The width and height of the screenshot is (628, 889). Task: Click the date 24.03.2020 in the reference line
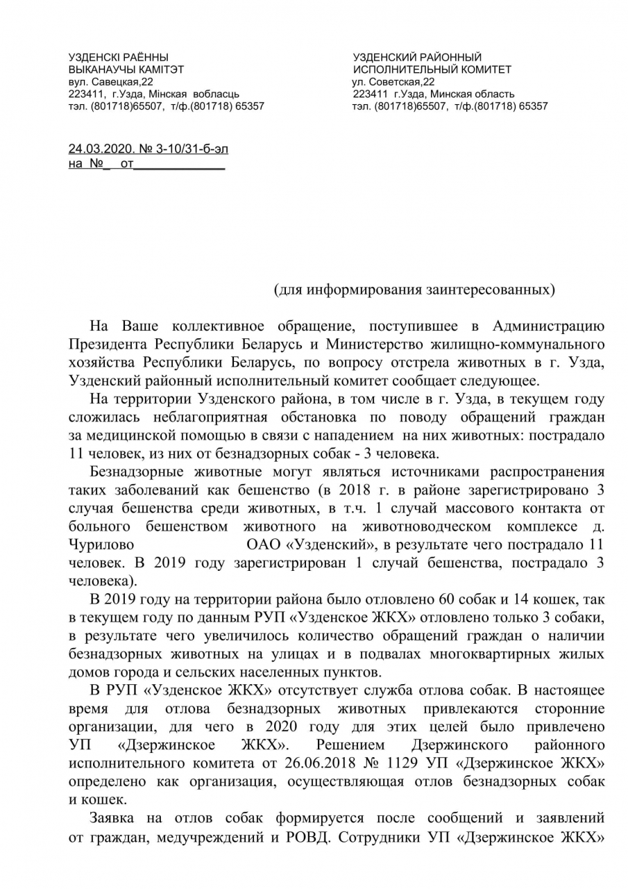(95, 149)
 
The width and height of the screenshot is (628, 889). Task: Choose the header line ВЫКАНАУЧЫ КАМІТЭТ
(126, 69)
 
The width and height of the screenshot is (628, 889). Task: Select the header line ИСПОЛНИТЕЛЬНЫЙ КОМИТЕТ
(432, 69)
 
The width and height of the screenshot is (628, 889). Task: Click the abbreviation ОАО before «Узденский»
(263, 543)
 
